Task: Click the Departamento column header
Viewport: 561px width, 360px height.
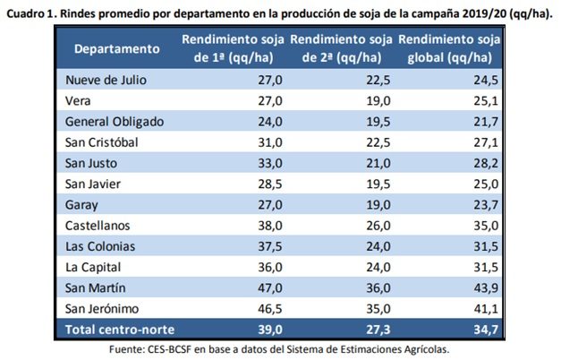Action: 117,48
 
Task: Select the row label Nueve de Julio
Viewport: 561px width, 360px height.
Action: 106,80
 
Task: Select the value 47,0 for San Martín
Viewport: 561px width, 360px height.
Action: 269,287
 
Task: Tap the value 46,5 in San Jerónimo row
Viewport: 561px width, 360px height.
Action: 268,308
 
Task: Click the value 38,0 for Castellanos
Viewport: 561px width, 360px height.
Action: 269,225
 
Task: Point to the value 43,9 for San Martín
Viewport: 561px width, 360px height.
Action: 482,287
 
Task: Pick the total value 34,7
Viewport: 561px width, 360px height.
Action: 482,330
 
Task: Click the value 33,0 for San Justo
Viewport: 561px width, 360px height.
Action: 269,162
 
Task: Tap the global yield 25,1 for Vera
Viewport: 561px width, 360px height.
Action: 482,100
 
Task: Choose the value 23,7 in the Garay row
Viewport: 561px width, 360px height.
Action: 482,204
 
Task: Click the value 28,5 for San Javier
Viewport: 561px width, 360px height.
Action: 269,184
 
